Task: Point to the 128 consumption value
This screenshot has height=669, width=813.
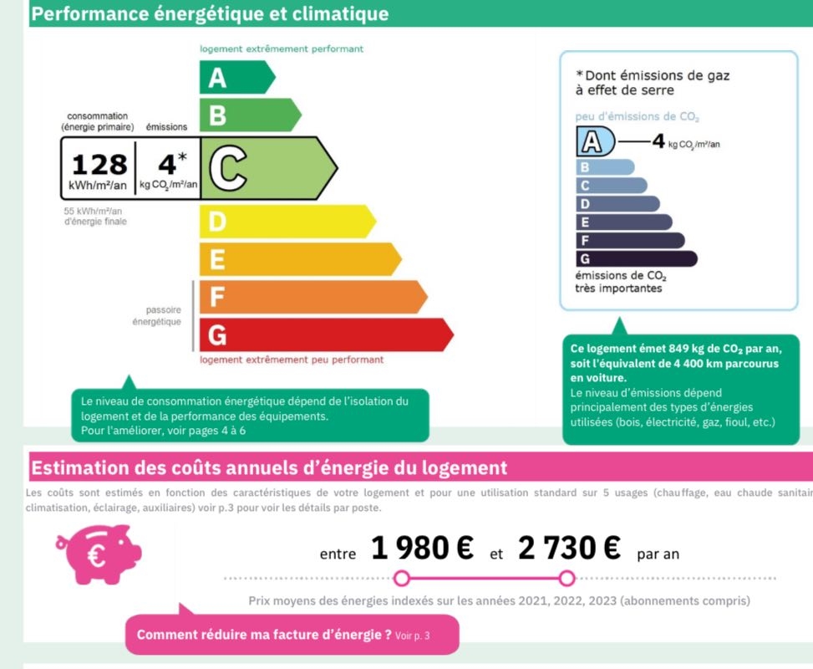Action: [99, 163]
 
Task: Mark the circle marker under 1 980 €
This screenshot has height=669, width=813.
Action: [402, 579]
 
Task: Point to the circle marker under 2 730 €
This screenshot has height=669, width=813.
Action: [567, 579]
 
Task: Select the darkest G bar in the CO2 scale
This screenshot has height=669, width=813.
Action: [635, 258]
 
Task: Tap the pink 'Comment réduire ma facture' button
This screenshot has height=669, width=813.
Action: [292, 635]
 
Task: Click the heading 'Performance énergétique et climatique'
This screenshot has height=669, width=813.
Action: [210, 14]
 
